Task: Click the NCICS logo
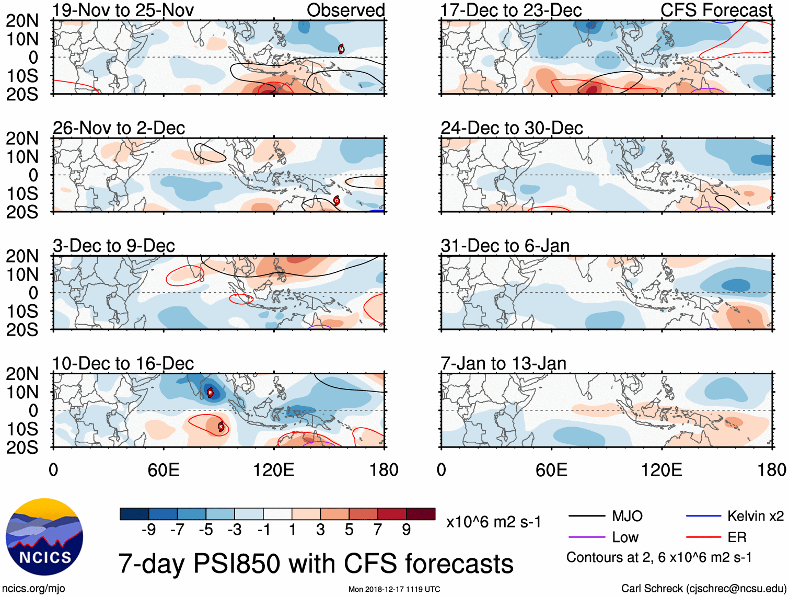click(x=44, y=537)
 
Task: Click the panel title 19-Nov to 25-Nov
click(x=123, y=10)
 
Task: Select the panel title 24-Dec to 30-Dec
click(x=512, y=128)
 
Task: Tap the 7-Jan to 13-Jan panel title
click(x=503, y=363)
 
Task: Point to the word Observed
click(x=345, y=10)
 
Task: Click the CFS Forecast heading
click(x=716, y=10)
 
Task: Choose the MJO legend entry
click(x=627, y=516)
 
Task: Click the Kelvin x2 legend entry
click(x=755, y=516)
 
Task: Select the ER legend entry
click(x=737, y=537)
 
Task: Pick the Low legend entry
click(x=625, y=537)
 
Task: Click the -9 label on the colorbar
click(x=148, y=530)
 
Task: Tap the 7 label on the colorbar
click(x=378, y=530)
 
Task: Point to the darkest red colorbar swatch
click(x=421, y=514)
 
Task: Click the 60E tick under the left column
click(x=164, y=470)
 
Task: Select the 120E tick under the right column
click(x=662, y=470)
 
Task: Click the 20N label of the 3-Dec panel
click(x=22, y=256)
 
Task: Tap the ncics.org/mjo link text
click(x=33, y=589)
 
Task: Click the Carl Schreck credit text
click(x=703, y=589)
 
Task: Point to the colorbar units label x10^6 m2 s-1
click(x=494, y=522)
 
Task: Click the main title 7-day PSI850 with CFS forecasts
click(x=316, y=564)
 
